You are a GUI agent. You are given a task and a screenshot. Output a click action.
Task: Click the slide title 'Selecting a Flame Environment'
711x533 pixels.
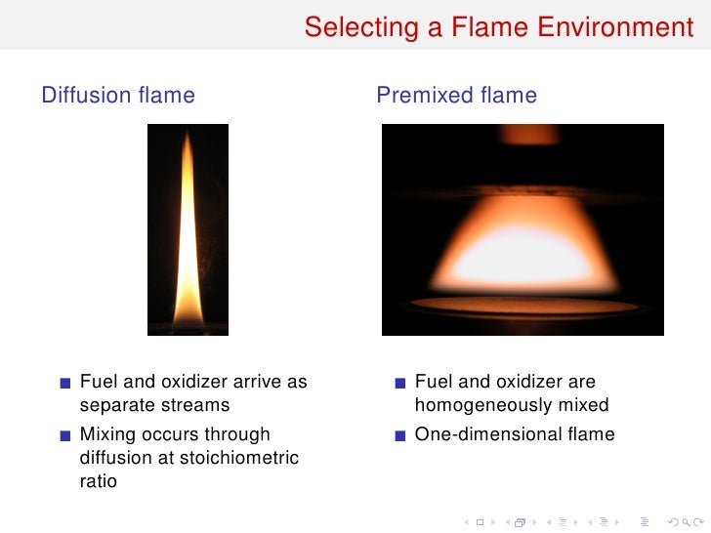498,26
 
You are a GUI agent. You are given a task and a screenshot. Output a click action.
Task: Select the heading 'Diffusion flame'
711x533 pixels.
118,95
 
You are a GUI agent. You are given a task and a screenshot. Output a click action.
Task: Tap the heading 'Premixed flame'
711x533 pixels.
456,95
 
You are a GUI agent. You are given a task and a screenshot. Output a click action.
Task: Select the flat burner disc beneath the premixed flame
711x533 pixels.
523,306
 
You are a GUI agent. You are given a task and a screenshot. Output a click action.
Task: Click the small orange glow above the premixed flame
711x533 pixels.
527,134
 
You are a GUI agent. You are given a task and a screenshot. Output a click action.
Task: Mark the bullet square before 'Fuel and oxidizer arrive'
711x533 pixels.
64,383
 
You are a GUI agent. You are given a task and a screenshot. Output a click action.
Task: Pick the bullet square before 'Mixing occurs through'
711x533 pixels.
64,435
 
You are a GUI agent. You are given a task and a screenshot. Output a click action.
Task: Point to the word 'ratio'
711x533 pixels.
98,481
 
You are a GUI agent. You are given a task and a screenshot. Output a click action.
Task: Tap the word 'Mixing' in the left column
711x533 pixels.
106,434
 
